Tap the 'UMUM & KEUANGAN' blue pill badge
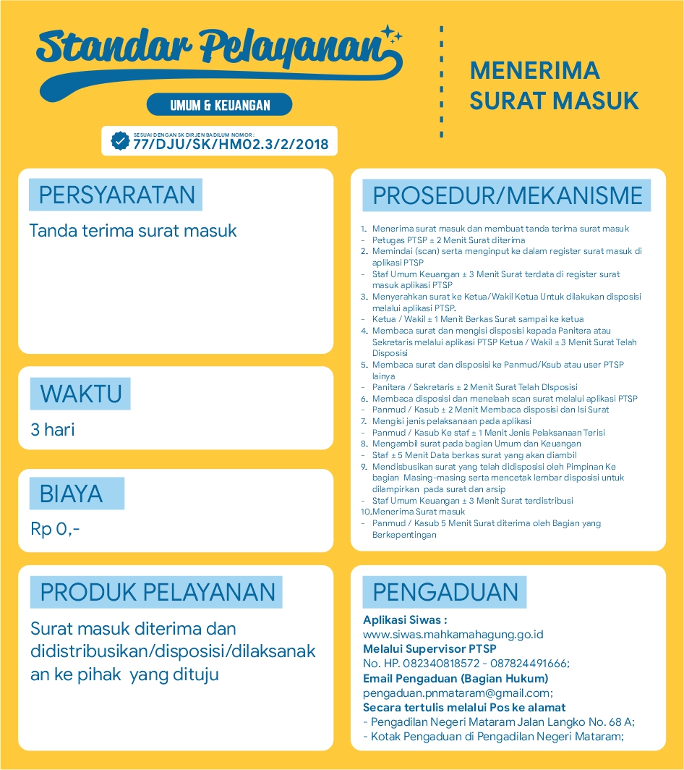tap(220, 105)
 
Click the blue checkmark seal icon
tap(120, 140)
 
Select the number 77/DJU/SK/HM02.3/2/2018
tap(231, 145)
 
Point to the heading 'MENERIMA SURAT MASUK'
tap(554, 85)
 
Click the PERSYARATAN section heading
tap(116, 195)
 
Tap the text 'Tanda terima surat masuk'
tap(133, 231)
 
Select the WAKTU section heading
tap(80, 394)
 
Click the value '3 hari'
tap(53, 430)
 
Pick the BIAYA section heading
tap(71, 494)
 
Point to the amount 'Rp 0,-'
tap(55, 529)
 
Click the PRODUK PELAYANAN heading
tap(158, 592)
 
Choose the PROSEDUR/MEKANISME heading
tap(507, 195)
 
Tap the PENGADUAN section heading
tap(445, 592)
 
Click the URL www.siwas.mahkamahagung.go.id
tap(453, 635)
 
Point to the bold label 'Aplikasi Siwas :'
tap(405, 620)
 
